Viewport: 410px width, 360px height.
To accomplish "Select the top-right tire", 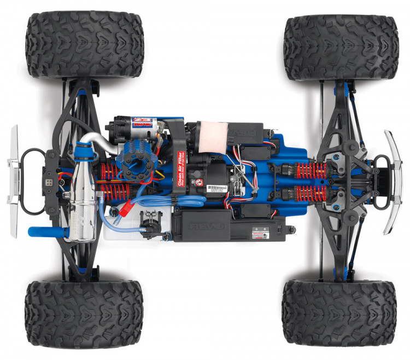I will coord(341,48).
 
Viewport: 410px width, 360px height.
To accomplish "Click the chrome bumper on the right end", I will coord(393,181).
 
